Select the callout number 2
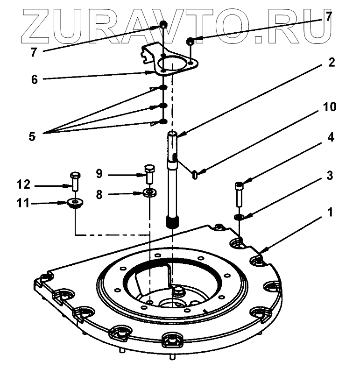(x=331, y=62)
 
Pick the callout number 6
(x=34, y=79)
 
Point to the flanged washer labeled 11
(x=74, y=203)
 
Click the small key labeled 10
(x=196, y=175)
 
